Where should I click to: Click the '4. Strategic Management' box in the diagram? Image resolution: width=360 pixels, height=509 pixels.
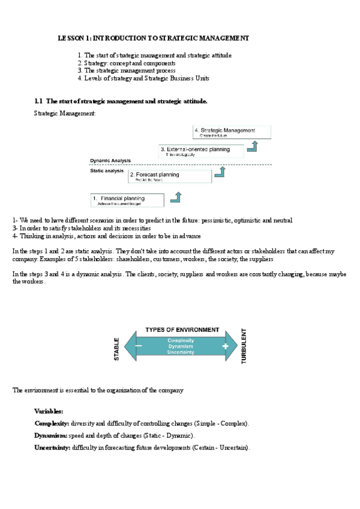(232, 133)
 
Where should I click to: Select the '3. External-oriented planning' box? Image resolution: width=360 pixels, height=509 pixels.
(202, 151)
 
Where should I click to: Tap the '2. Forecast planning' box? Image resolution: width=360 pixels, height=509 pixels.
(170, 176)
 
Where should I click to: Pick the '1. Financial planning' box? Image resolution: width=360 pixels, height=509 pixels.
(126, 200)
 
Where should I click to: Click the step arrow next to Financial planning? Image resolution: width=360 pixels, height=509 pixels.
(176, 196)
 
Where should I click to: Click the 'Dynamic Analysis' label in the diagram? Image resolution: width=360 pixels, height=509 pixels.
(110, 161)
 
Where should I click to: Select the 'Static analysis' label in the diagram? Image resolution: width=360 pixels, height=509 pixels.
(107, 170)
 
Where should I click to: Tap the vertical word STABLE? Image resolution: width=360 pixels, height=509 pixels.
(117, 349)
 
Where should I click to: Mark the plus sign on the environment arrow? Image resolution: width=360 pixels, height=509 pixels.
(225, 346)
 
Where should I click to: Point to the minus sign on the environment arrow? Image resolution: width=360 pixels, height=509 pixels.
(139, 346)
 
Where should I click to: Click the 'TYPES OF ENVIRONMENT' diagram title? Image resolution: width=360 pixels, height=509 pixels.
(182, 330)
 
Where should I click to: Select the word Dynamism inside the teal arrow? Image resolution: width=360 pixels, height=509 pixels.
(181, 346)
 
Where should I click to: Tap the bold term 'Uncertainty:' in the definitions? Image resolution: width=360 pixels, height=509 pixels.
(52, 448)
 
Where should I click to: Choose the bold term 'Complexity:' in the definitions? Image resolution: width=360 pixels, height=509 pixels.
(52, 424)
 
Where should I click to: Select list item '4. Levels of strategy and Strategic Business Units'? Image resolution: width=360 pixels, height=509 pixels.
(143, 79)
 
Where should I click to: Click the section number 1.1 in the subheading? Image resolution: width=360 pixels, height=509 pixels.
(39, 101)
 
